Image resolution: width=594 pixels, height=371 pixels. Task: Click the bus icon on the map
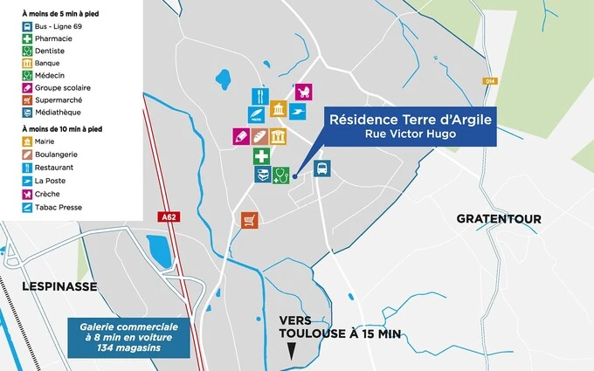point(321,168)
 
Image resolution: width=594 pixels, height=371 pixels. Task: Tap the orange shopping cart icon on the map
point(251,220)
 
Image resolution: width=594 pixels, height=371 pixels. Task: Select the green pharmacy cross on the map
point(261,157)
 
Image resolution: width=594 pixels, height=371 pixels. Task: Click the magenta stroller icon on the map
point(303,92)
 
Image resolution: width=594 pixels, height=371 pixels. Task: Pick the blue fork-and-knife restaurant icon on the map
point(260,96)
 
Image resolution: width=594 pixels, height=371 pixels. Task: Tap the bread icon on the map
point(260,136)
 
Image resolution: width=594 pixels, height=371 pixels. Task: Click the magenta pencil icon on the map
point(240,136)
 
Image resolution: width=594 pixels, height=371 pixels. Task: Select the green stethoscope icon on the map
point(280,175)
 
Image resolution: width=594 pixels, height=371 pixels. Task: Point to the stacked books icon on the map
point(261,175)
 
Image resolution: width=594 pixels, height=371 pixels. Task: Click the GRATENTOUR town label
point(499,218)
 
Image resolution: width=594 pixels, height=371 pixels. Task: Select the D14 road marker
point(489,80)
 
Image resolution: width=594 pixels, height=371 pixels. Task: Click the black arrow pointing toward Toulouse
point(292,351)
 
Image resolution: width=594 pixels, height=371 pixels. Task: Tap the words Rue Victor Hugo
point(410,134)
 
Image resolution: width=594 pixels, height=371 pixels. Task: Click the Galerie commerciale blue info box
point(129,337)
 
